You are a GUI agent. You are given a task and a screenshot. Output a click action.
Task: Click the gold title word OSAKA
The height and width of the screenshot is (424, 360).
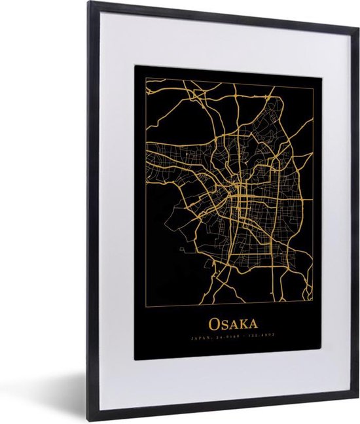233,323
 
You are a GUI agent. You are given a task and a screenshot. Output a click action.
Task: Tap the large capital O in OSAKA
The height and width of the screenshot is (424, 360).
214,323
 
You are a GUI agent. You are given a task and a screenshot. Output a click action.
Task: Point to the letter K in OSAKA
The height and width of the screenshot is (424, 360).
242,324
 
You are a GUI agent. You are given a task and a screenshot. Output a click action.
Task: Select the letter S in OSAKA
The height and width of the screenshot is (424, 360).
224,324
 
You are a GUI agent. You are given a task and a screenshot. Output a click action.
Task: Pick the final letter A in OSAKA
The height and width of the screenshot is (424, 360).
252,324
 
